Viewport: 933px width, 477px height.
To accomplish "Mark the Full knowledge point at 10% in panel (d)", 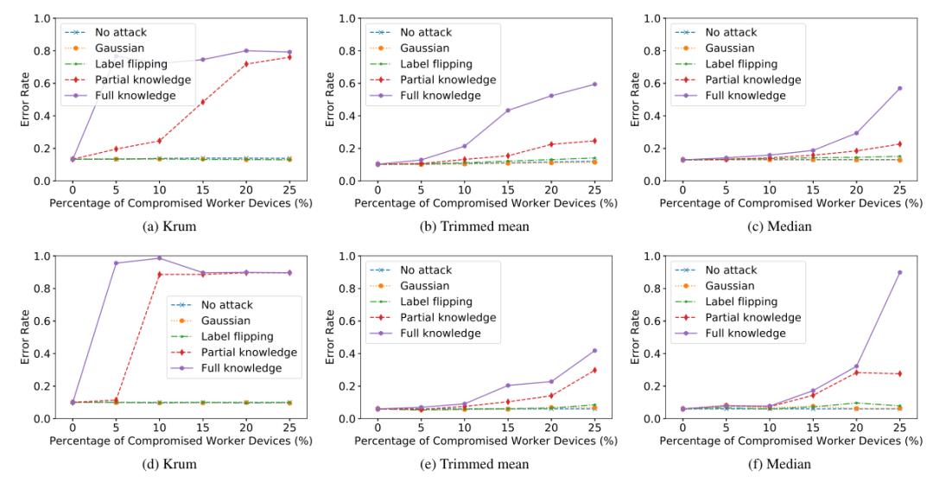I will coord(160,258).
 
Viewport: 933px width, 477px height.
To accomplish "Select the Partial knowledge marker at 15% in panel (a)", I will coord(203,102).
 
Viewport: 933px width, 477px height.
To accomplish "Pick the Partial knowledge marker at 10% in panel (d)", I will coord(160,275).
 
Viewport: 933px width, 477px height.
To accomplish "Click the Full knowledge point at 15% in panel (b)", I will coord(508,111).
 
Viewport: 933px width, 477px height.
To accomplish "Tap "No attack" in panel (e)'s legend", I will coord(430,270).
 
